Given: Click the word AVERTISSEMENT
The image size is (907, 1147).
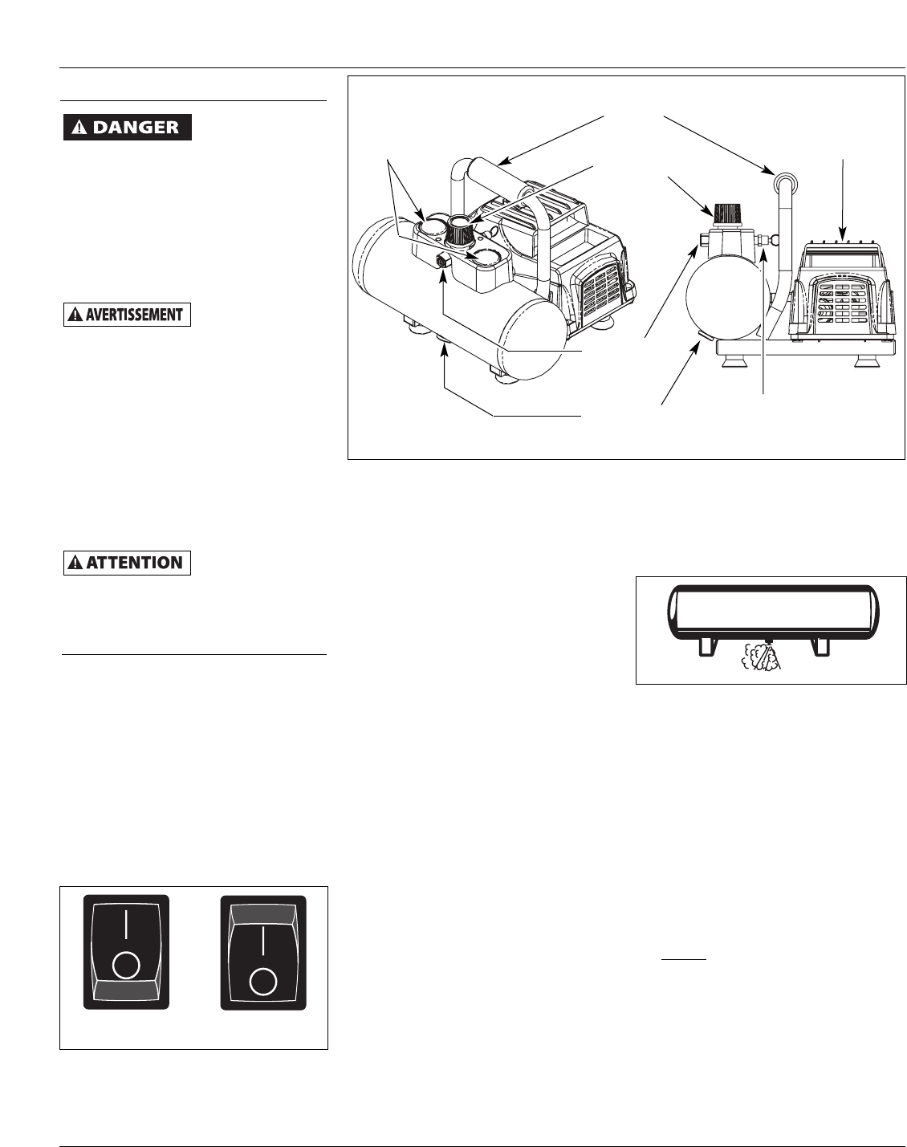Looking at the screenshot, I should point(133,315).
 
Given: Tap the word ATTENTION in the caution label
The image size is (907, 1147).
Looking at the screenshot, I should point(133,563).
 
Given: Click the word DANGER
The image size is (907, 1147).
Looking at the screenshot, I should point(135,128).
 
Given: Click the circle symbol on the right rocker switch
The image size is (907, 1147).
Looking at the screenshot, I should point(262,980).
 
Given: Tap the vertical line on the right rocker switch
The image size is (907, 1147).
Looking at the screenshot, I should point(262,941).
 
